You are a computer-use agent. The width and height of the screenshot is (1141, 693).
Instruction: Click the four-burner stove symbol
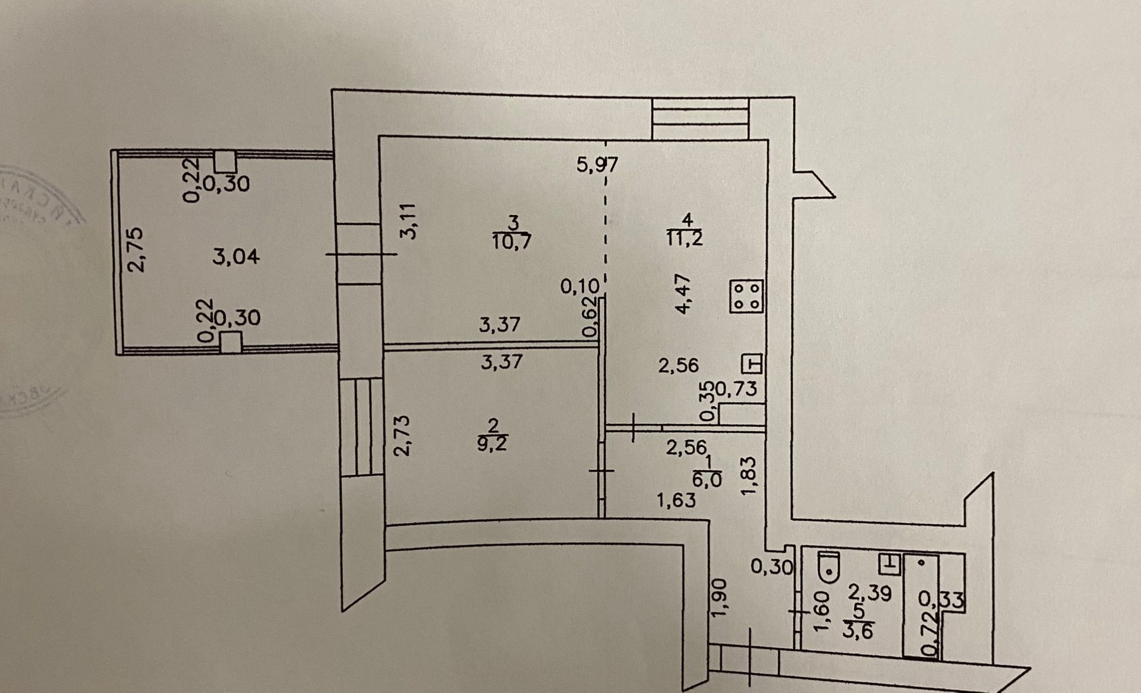coord(746,296)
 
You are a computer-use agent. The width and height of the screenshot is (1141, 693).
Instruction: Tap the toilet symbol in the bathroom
coord(828,567)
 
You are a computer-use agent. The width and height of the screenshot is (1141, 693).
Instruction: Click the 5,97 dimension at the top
coord(597,164)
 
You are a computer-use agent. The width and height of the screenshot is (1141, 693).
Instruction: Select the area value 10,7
coord(512,241)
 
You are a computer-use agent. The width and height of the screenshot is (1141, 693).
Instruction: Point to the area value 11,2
coord(685,238)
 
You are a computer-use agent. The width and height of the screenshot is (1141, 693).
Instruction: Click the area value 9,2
coord(493,444)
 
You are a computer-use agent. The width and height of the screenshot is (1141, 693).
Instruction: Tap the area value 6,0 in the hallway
coord(707,479)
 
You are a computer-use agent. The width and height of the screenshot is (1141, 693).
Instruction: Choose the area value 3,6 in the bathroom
coord(858,629)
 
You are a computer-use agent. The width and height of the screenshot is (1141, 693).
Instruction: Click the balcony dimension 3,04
coord(236,257)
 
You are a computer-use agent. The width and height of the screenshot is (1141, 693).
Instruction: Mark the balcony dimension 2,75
coord(137,249)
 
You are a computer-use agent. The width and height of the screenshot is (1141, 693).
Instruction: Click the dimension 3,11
coord(409,221)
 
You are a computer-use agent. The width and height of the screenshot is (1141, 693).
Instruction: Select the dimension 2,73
coord(402,435)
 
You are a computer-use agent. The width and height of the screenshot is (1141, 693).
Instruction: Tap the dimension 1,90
coord(720,597)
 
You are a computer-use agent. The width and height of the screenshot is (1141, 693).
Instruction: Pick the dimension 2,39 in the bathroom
coord(869,592)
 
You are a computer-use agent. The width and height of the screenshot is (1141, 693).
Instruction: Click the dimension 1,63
coord(676,501)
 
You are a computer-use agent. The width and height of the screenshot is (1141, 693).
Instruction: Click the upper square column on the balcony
coord(225,162)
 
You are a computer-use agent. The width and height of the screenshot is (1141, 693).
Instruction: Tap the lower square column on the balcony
coord(231,342)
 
